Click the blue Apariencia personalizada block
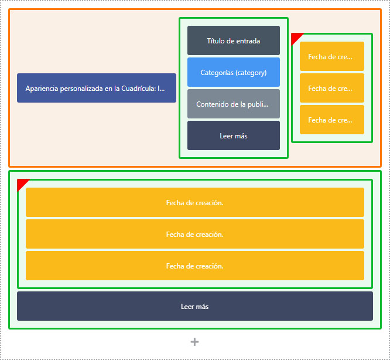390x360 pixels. (97, 88)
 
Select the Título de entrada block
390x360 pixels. (234, 40)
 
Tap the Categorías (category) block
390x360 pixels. (234, 72)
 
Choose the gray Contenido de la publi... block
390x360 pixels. (234, 104)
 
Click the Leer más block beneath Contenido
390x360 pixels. (234, 135)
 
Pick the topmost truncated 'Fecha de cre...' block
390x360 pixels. (332, 56)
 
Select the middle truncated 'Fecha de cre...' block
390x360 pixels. (332, 88)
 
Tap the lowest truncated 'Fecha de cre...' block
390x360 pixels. (332, 120)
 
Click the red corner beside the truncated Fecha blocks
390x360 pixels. (295, 37)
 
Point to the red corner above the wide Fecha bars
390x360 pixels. (21, 183)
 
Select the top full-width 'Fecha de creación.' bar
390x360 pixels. (195, 202)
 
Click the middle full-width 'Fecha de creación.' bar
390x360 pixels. (195, 234)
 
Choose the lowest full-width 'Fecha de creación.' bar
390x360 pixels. (195, 266)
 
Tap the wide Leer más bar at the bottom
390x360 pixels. (195, 306)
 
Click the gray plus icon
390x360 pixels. (195, 342)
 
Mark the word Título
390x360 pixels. (215, 41)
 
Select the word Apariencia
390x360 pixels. (42, 89)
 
